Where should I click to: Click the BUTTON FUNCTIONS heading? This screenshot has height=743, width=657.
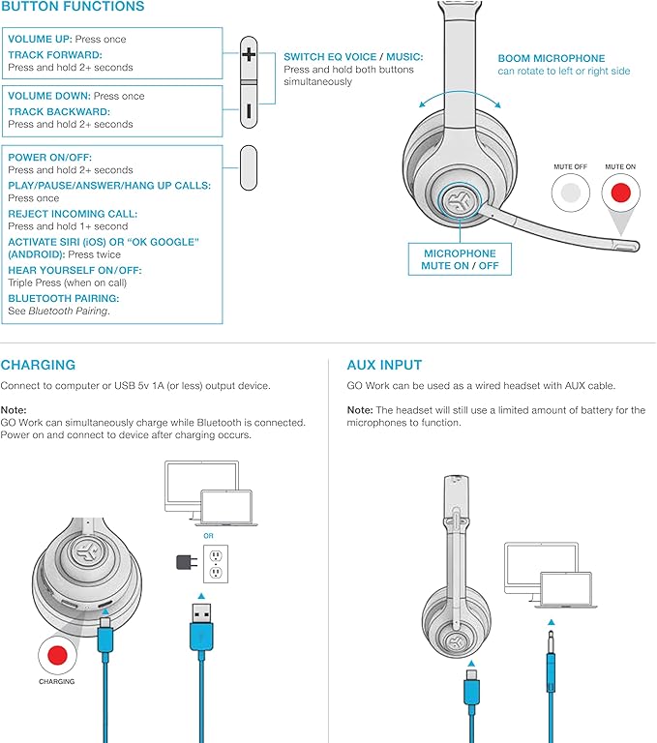click(x=73, y=8)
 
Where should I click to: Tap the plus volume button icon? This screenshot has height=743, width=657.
click(x=248, y=55)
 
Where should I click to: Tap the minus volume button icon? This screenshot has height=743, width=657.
click(x=248, y=111)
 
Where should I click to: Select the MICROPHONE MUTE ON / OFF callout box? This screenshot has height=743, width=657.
click(x=460, y=259)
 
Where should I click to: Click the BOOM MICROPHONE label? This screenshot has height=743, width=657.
click(x=551, y=58)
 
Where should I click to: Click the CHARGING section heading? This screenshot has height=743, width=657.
click(x=38, y=366)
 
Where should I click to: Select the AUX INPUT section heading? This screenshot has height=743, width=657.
click(x=384, y=366)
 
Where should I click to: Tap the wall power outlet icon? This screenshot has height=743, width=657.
click(x=215, y=563)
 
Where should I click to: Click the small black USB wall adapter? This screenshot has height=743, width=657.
click(x=183, y=562)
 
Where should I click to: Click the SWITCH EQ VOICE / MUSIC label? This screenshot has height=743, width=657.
click(x=348, y=57)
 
